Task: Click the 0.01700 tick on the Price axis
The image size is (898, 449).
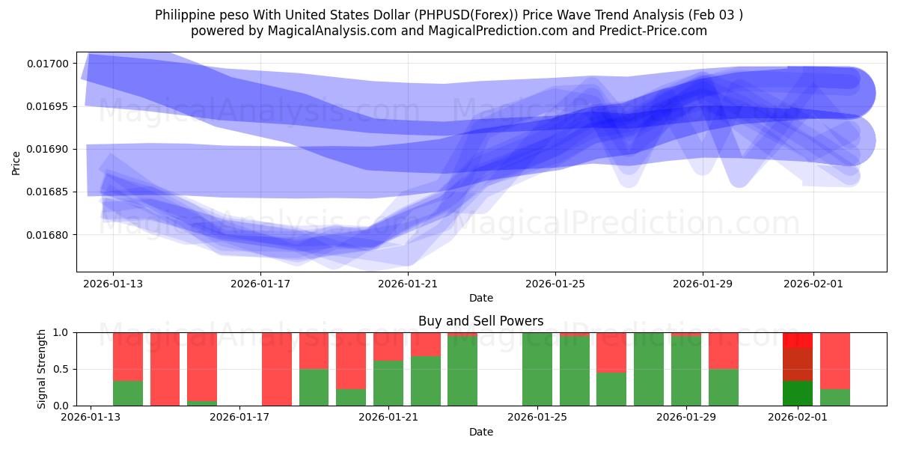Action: (48, 64)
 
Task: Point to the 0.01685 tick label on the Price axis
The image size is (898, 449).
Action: (48, 192)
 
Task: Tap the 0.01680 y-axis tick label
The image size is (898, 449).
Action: (48, 235)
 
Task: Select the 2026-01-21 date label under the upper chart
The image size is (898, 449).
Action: (408, 284)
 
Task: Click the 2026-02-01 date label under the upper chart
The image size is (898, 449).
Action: (813, 284)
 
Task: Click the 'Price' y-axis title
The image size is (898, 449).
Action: (16, 162)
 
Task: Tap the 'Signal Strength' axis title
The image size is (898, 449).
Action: (42, 369)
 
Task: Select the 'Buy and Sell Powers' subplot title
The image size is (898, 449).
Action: (480, 321)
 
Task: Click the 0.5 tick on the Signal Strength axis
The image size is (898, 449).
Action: (63, 369)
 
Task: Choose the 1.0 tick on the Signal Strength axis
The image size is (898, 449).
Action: (63, 332)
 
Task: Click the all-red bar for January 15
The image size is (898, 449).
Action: (165, 369)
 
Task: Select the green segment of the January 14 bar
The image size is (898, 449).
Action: (128, 394)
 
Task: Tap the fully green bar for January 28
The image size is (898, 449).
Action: (648, 369)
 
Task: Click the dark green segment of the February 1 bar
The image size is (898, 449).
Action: (798, 394)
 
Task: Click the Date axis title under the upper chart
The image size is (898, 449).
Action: (480, 298)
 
